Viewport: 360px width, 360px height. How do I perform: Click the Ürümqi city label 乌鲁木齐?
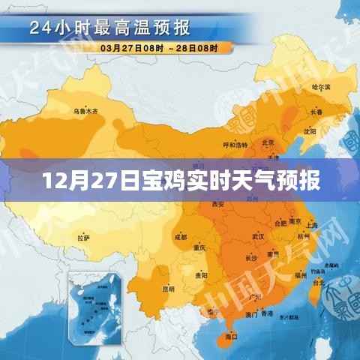(x=85, y=111)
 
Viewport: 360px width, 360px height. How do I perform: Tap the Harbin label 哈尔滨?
(x=319, y=88)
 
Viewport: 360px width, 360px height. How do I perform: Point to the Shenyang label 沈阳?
(x=309, y=130)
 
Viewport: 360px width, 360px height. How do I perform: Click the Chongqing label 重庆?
(x=199, y=248)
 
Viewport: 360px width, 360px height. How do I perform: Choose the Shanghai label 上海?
(x=312, y=224)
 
